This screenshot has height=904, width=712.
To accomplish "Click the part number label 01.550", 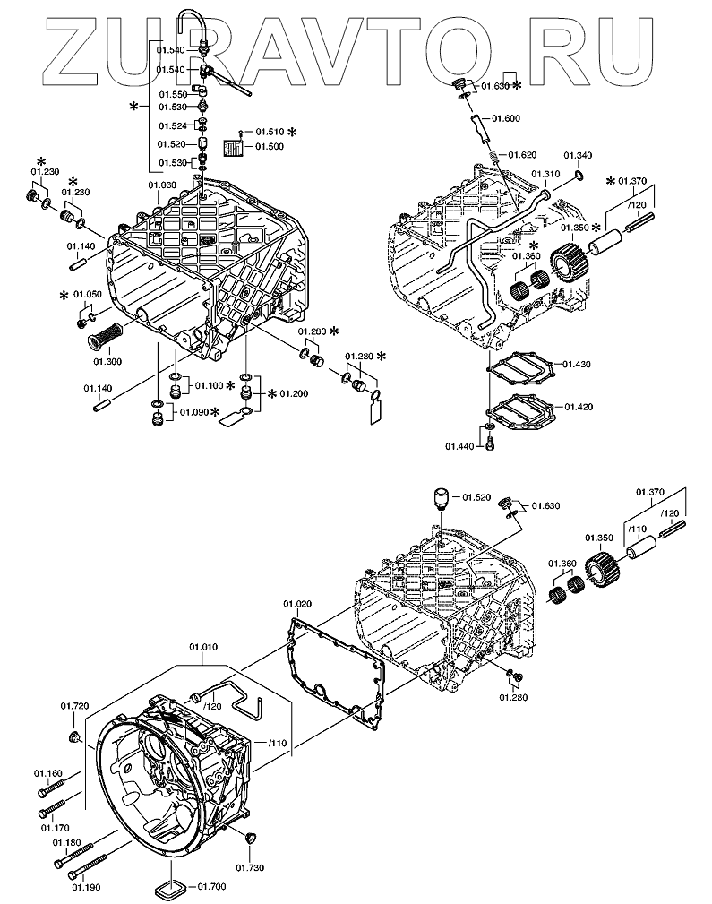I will point(172,94).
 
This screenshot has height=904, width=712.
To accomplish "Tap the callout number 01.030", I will point(161,185).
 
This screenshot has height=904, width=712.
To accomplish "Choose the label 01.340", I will point(579,156).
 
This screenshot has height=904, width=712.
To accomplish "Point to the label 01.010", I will point(202,647).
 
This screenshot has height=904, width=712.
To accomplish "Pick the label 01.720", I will point(75,707).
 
